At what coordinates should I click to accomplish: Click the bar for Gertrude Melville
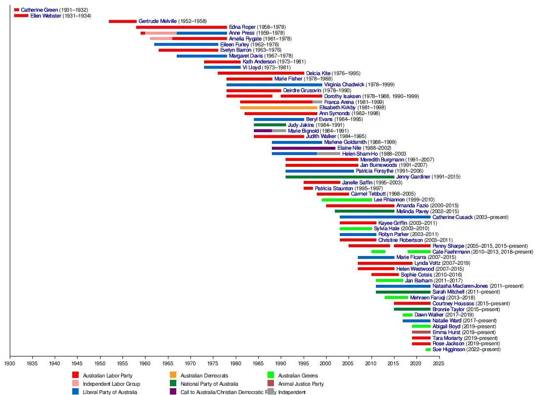tap(123, 21)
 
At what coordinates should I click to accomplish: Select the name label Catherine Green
tap(40, 10)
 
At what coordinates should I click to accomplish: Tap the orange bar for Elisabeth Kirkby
tap(278, 108)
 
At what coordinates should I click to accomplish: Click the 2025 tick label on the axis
tap(439, 363)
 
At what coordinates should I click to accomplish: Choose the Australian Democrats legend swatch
tap(173, 375)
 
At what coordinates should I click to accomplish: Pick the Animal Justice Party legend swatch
tap(270, 384)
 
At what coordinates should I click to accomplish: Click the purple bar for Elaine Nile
tap(304, 148)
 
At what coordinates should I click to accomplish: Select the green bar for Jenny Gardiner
tap(340, 177)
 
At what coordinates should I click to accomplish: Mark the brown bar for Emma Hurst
tap(421, 332)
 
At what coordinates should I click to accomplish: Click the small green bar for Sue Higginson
tap(428, 350)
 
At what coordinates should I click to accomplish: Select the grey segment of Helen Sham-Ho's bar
tap(329, 154)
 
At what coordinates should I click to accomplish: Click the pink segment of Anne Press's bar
tap(161, 33)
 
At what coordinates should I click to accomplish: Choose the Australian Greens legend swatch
tap(270, 375)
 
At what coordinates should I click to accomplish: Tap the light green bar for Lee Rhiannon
tap(347, 199)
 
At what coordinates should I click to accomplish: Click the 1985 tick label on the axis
tap(258, 363)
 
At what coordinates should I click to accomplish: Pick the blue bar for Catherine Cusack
tap(385, 217)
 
